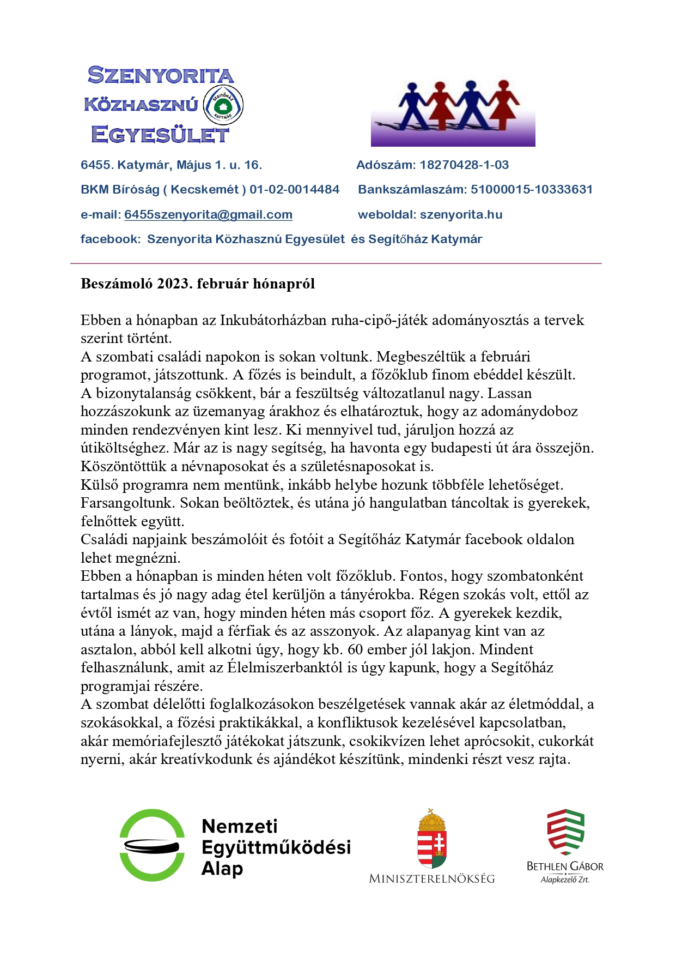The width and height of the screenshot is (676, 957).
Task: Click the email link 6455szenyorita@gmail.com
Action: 208,215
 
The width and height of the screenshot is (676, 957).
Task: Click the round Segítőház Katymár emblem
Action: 223,105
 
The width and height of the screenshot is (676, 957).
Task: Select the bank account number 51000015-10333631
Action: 531,190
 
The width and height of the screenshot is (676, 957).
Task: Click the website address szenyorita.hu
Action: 461,215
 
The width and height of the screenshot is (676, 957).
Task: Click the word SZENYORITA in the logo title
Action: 161,75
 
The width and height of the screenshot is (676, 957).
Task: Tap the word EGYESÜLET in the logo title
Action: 160,135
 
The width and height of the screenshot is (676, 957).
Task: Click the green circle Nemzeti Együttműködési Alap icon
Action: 152,845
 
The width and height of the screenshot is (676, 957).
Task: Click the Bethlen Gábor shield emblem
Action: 565,832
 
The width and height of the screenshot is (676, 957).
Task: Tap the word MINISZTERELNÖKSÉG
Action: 431,878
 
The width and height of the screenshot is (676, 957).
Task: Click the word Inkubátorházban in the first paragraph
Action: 273,320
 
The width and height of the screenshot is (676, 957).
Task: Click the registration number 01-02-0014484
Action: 294,190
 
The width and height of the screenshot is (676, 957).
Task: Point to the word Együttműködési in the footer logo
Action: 276,847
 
